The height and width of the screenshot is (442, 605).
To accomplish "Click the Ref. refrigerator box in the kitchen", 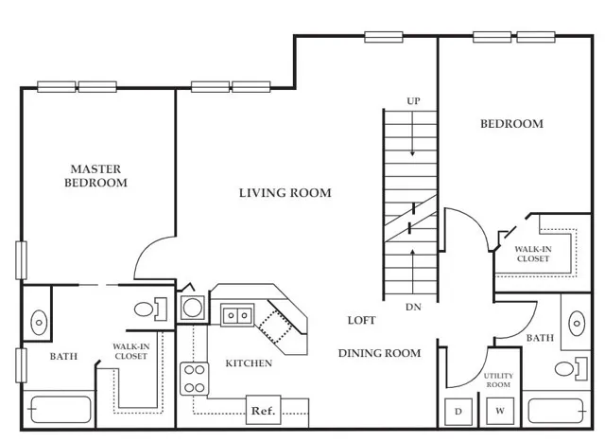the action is (263, 410).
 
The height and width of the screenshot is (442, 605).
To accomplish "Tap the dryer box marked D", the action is (458, 412).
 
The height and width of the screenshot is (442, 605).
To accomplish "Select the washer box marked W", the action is (500, 411).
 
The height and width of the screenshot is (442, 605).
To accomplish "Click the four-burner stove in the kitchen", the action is (195, 379).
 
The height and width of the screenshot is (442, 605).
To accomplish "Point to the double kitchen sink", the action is (237, 315).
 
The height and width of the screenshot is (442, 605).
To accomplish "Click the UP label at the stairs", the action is (413, 101).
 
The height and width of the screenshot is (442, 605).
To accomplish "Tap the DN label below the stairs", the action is (413, 308).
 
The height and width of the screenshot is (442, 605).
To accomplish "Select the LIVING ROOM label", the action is (285, 193).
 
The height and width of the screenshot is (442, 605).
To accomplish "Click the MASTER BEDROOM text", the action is (95, 176).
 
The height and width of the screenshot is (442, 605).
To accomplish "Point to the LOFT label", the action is (361, 320).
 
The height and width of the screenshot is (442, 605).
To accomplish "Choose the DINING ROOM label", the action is (380, 353).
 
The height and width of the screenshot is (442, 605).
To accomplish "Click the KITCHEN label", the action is (249, 363).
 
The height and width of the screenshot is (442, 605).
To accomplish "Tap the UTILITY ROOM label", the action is (498, 380).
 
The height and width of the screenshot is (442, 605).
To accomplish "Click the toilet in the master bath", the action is (150, 309).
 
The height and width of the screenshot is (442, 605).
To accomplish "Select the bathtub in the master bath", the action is (60, 409).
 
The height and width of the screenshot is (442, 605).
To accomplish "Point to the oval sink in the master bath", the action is (39, 322).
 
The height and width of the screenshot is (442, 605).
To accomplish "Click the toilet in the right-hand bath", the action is (571, 367).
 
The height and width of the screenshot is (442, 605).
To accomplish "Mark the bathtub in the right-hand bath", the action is (556, 411).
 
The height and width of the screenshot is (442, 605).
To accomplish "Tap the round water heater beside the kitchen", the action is (192, 308).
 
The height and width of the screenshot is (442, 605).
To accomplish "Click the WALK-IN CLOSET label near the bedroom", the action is (533, 254).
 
